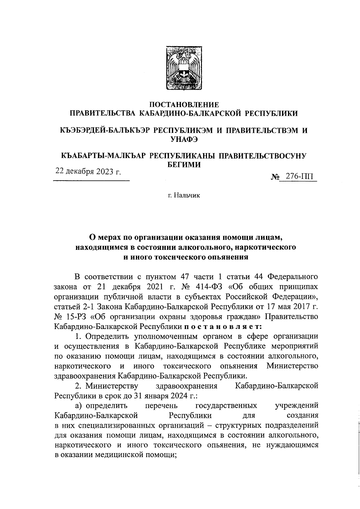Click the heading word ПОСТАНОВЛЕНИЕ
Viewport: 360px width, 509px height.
click(184, 105)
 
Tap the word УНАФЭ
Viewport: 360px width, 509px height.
click(184, 139)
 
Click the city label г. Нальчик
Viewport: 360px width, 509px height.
click(184, 196)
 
